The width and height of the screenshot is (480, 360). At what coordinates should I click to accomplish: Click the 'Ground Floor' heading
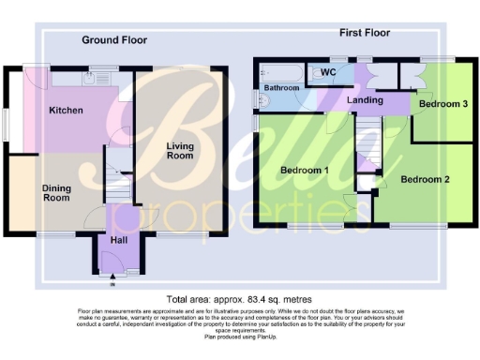point(114,39)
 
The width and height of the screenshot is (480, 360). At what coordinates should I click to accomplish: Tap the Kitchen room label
point(66,111)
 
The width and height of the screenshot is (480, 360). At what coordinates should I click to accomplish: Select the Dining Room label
point(56,192)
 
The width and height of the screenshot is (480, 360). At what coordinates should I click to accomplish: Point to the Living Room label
point(180,150)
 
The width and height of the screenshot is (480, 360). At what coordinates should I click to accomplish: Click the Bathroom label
point(281,87)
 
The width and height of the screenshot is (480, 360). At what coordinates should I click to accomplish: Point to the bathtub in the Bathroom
point(278,71)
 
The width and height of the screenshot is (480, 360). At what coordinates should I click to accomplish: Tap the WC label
point(328,71)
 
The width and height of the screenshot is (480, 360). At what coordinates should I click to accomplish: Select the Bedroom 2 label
point(426,178)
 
